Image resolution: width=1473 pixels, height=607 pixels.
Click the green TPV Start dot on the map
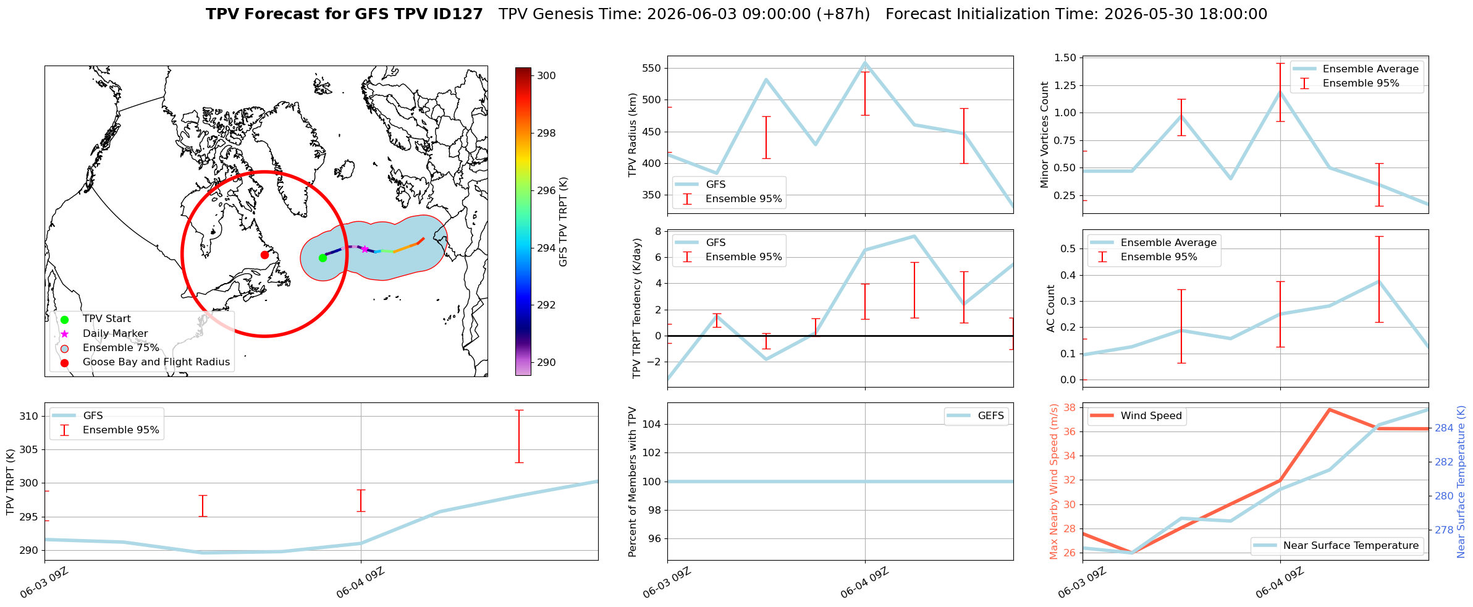[x=323, y=258]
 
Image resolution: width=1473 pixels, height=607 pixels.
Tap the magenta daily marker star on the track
[x=365, y=249]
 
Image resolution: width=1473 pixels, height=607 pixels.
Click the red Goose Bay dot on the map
[x=264, y=255]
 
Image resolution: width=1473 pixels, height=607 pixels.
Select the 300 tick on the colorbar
[x=546, y=75]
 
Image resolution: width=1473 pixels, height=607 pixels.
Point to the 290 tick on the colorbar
[x=546, y=362]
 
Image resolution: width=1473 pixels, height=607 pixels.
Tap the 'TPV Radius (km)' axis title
[x=633, y=135]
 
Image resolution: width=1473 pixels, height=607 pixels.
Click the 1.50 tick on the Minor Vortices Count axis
[x=1066, y=57]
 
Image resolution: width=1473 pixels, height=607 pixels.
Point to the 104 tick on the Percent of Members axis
[x=652, y=424]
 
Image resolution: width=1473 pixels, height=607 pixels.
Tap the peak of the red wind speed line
[x=1329, y=409]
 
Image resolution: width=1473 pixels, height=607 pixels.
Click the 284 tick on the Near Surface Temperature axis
[x=1444, y=428]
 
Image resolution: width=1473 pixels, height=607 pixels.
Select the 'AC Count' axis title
[x=1051, y=308]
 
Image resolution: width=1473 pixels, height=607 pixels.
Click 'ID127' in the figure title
[x=458, y=14]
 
